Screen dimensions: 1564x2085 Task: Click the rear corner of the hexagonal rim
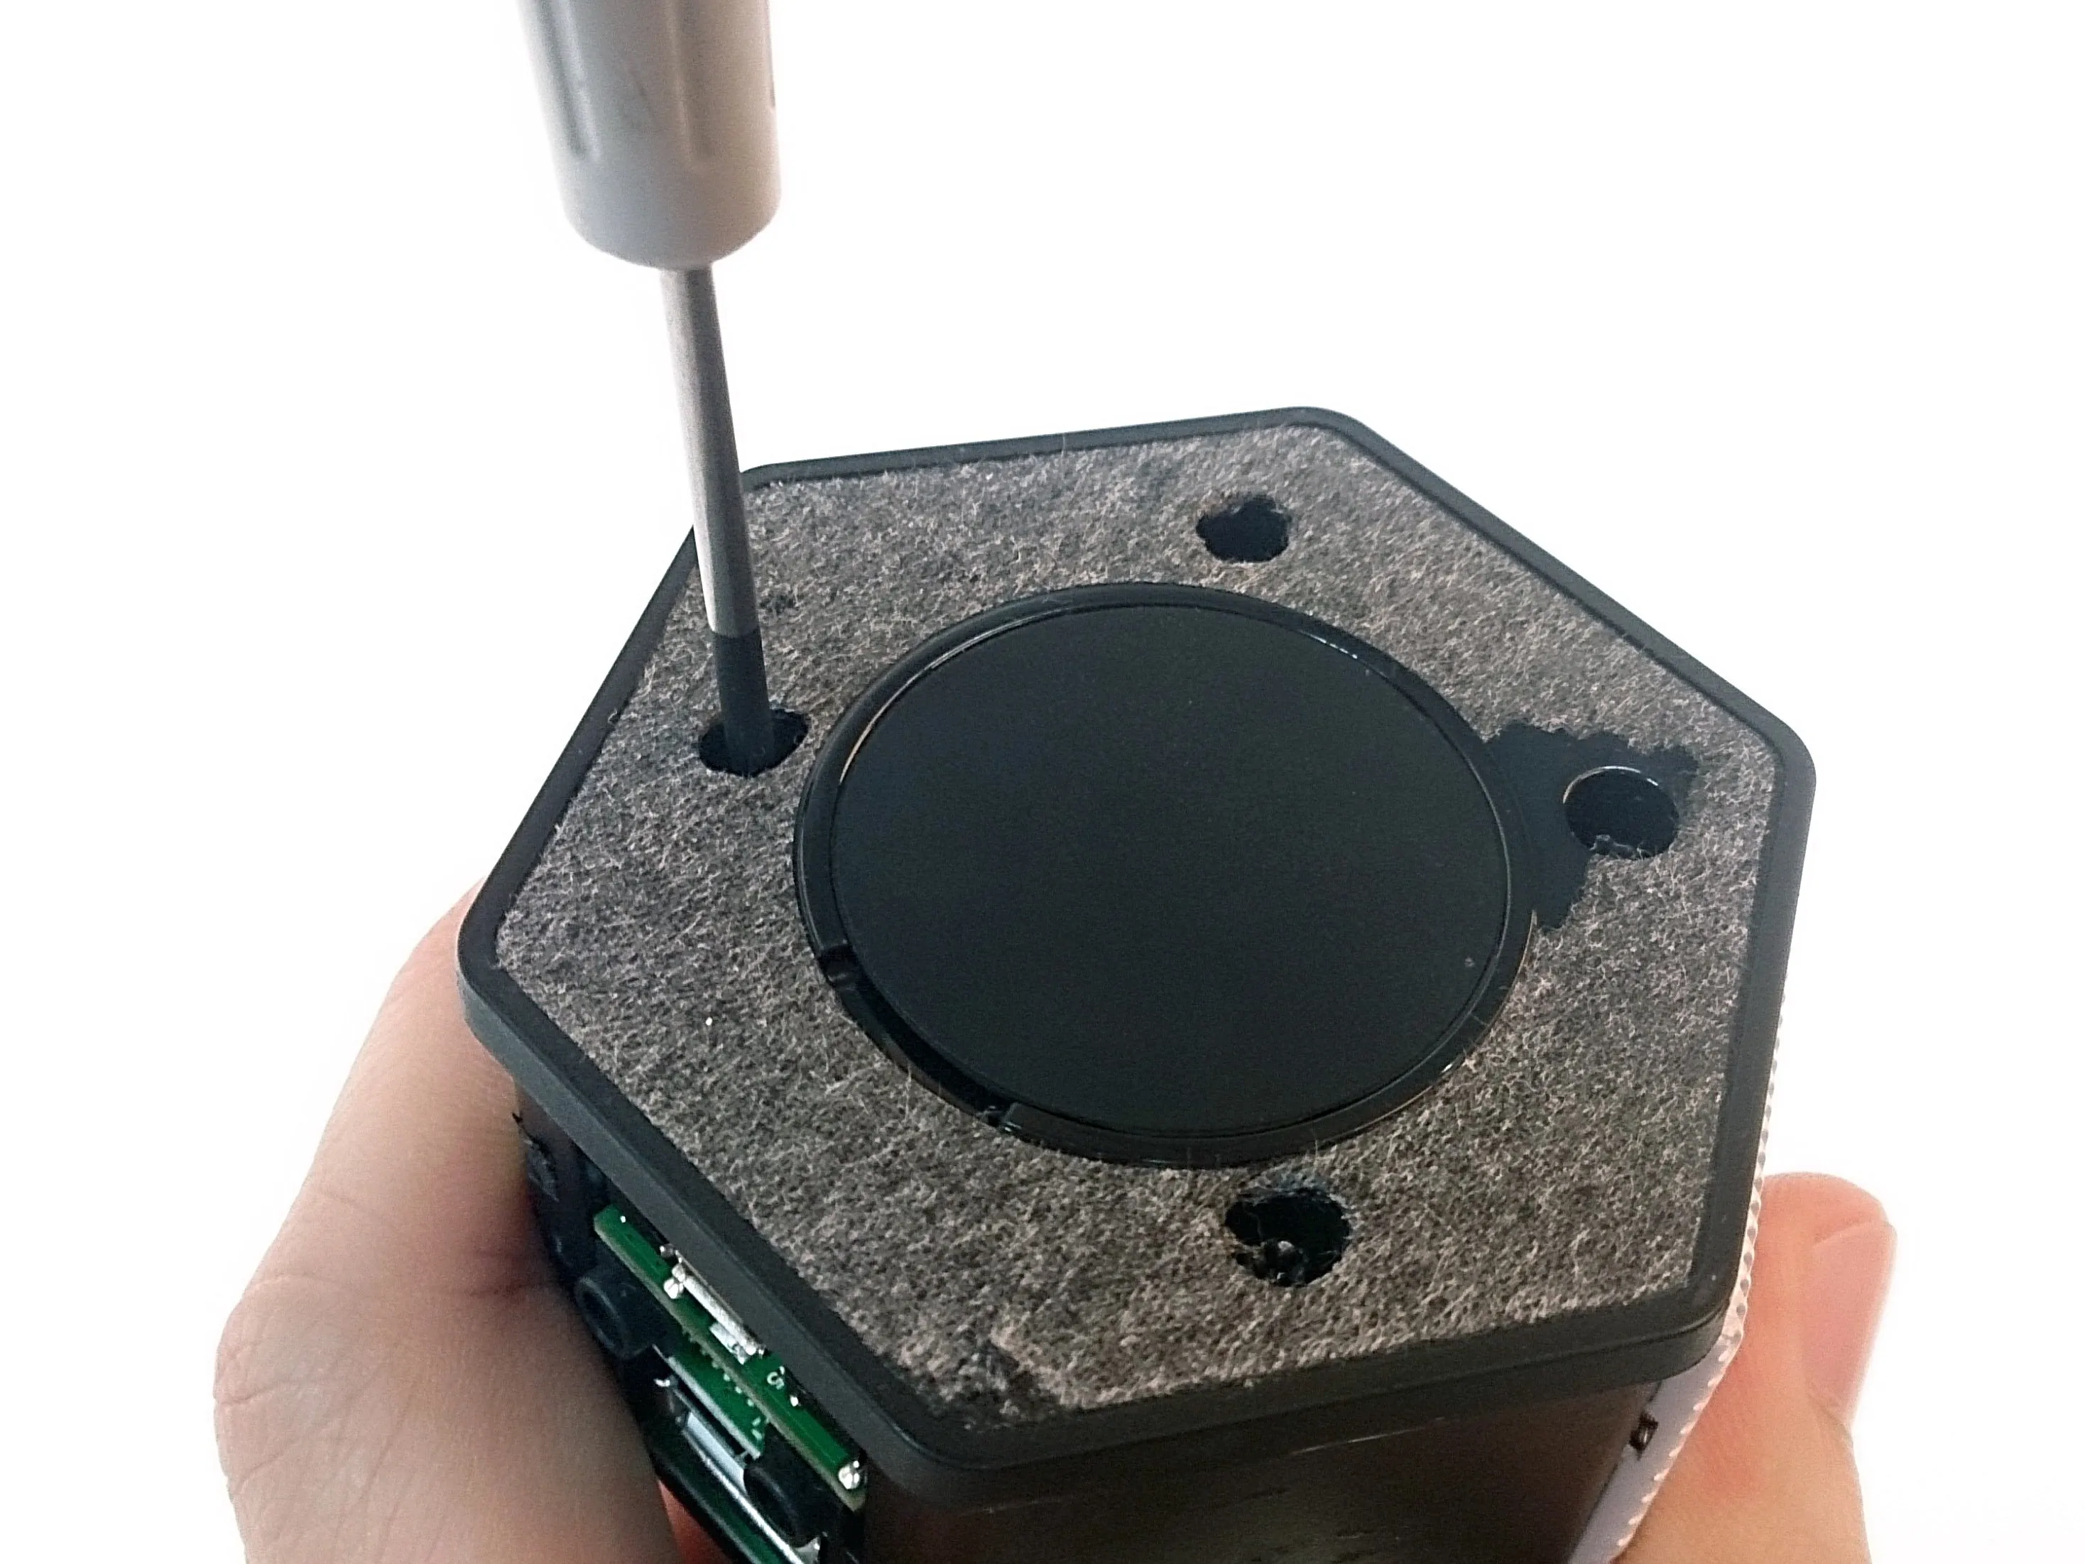(1319, 415)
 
